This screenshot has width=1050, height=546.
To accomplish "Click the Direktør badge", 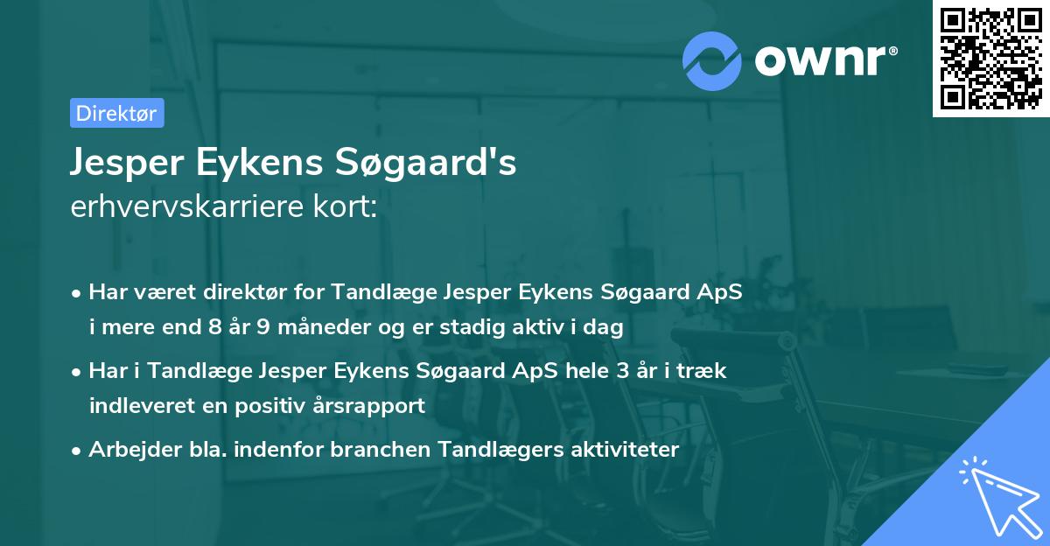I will [x=116, y=113].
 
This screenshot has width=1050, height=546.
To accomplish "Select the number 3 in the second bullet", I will [x=622, y=370].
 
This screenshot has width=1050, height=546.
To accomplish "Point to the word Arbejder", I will [x=125, y=450].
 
